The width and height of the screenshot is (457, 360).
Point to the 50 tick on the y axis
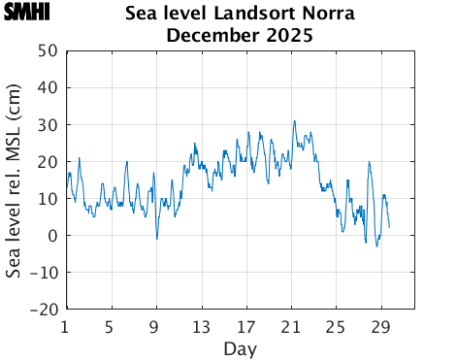tap(47, 50)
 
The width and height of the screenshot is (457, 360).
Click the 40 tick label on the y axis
tap(47, 87)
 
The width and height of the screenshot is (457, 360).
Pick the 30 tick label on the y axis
tap(47, 124)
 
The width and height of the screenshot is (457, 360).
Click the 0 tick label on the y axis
tap(51, 236)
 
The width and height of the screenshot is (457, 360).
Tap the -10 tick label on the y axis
tap(43, 273)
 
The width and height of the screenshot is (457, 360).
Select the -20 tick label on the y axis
tap(43, 310)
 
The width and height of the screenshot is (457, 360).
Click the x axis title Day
tap(240, 347)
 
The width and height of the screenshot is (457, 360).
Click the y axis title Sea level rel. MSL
tap(14, 180)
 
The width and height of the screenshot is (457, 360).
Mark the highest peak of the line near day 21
tap(295, 121)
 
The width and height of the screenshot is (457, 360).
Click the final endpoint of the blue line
tap(389, 228)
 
